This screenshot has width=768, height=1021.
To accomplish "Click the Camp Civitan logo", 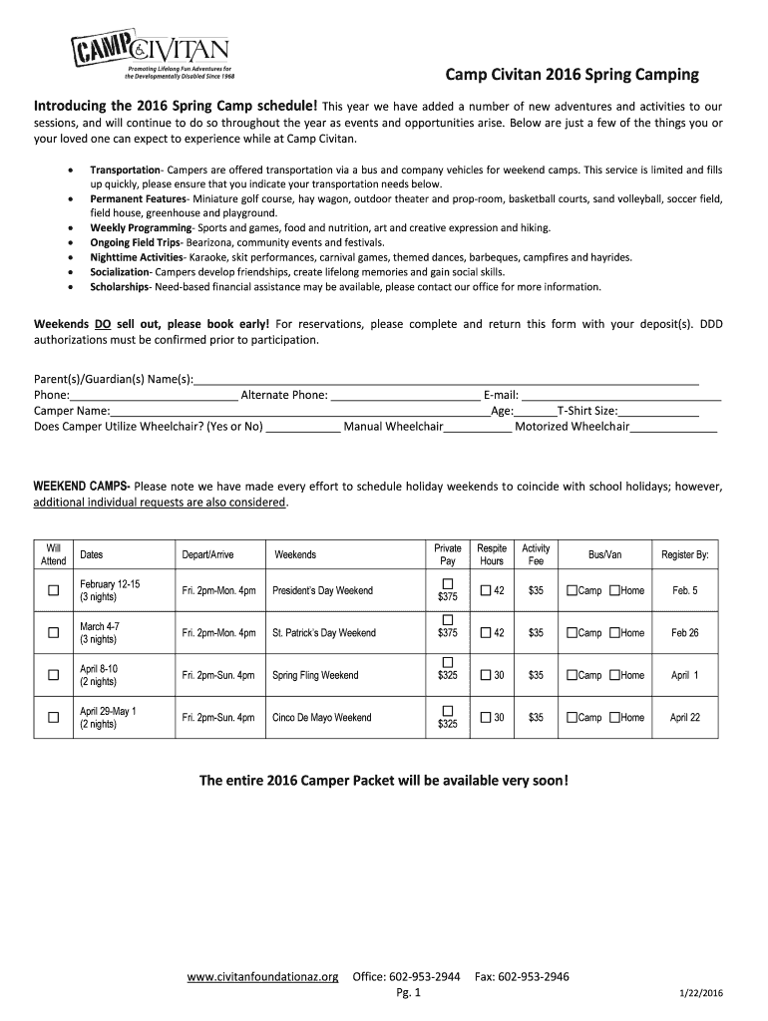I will (x=150, y=55).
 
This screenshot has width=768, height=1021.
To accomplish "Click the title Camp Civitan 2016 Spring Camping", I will (x=572, y=76).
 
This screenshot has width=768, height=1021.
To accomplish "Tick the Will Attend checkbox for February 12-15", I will (x=53, y=591).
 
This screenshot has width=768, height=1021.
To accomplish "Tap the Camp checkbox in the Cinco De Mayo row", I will (x=572, y=718).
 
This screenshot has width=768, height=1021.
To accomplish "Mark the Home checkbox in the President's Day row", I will (x=614, y=591).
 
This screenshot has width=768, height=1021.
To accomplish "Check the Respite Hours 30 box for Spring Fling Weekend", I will (x=486, y=676).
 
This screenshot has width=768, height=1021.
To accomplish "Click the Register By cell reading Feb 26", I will (x=684, y=633).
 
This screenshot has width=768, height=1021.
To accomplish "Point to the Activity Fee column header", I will (x=536, y=555).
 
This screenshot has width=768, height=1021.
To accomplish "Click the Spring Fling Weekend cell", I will (x=315, y=676).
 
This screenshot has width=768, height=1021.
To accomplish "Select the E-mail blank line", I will (x=620, y=396).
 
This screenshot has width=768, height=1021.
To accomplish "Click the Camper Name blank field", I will (x=299, y=412).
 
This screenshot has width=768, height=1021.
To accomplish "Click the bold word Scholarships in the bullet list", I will (x=119, y=287).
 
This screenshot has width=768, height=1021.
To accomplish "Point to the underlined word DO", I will (x=103, y=324).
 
